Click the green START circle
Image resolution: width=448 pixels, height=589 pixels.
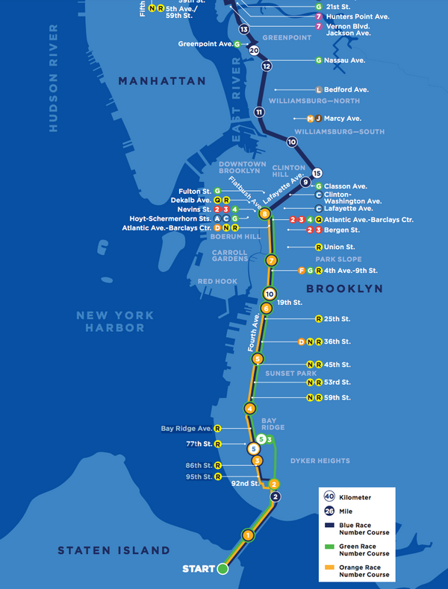pyautogui.click(x=223, y=569)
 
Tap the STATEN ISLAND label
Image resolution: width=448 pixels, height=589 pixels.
pyautogui.click(x=114, y=550)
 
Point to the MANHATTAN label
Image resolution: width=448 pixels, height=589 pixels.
pyautogui.click(x=161, y=81)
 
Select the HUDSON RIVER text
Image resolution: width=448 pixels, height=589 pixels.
pyautogui.click(x=53, y=78)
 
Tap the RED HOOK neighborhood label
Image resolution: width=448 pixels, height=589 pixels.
pyautogui.click(x=217, y=281)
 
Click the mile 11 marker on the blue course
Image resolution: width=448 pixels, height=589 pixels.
pyautogui.click(x=259, y=113)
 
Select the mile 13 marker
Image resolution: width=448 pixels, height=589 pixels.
pyautogui.click(x=243, y=29)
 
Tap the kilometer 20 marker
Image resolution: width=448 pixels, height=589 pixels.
pyautogui.click(x=254, y=51)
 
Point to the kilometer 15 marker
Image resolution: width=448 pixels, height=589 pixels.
pyautogui.click(x=317, y=172)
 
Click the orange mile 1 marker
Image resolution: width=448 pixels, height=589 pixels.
pyautogui.click(x=248, y=535)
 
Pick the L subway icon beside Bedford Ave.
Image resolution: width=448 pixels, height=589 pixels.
pyautogui.click(x=319, y=89)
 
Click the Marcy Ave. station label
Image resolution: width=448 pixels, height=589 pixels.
pyautogui.click(x=342, y=118)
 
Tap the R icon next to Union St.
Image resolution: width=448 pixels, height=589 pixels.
pyautogui.click(x=319, y=247)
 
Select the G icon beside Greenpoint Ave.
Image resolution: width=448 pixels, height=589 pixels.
pyautogui.click(x=237, y=44)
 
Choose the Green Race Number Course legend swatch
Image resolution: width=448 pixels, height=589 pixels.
pyautogui.click(x=329, y=549)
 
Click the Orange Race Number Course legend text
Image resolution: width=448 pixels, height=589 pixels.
pyautogui.click(x=365, y=572)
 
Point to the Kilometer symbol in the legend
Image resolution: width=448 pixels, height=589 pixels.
pyautogui.click(x=329, y=497)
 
